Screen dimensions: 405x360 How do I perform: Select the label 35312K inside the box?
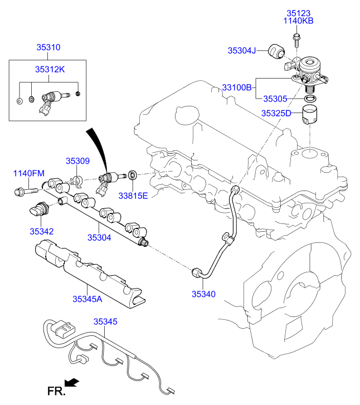(50, 70)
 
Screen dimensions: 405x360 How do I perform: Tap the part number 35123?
(300, 13)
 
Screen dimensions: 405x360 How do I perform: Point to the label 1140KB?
(300, 21)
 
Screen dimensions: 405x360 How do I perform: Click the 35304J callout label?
(241, 50)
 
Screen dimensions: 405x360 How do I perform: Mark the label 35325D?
(276, 113)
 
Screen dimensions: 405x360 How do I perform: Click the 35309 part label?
(77, 160)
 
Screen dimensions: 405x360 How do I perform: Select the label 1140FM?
(28, 174)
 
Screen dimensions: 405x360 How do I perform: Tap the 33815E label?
(132, 196)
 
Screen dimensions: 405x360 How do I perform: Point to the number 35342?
(42, 230)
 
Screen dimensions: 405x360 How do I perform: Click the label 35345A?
(87, 299)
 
